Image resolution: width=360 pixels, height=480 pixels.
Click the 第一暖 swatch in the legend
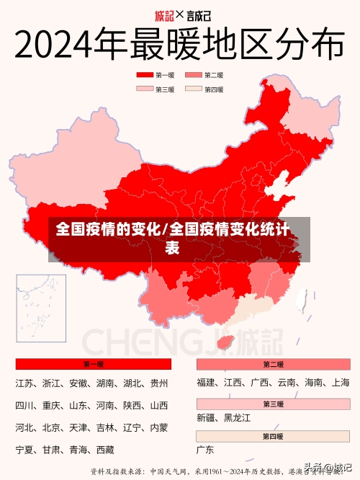(144, 75)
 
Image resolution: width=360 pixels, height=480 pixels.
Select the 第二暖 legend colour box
(194, 75)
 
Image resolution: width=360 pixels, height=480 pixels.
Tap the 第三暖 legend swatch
(144, 89)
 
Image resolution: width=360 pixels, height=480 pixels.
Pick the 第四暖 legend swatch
(194, 89)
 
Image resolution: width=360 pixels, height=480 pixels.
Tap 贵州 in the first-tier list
(159, 383)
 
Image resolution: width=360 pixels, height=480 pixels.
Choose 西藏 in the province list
(104, 450)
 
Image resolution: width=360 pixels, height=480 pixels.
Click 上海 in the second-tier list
(341, 383)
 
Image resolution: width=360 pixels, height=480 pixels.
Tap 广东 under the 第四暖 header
(205, 450)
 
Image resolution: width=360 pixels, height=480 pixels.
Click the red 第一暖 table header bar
(93, 364)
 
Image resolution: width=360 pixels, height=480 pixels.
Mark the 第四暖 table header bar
(273, 436)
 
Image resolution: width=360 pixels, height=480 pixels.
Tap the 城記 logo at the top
(165, 14)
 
